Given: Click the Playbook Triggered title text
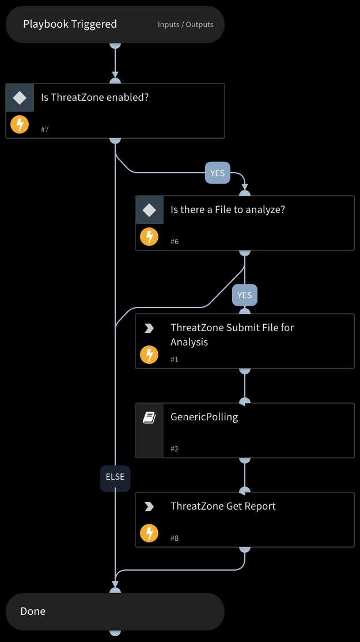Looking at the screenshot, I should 70,24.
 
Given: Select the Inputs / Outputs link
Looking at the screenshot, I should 185,25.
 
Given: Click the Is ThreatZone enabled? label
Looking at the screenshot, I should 94,97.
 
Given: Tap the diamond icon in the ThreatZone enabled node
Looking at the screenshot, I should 20,98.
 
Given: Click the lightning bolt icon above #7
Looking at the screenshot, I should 20,124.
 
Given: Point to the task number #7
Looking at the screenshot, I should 45,130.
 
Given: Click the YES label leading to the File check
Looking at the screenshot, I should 217,173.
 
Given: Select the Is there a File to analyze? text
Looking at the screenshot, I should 228,210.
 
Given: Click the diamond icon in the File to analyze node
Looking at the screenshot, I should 149,210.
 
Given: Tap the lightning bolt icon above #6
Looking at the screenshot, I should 149,237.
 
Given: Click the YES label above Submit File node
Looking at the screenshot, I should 244,295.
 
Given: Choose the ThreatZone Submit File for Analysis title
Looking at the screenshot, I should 232,335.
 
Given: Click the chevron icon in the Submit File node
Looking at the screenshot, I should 149,328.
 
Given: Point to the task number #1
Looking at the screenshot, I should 175,359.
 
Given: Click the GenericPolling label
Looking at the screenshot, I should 204,417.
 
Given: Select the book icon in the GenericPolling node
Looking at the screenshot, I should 149,417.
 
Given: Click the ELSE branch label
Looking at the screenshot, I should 115,477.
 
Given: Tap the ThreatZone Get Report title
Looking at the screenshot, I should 223,506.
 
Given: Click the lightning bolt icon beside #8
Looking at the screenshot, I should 149,533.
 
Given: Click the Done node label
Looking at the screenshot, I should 33,611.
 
